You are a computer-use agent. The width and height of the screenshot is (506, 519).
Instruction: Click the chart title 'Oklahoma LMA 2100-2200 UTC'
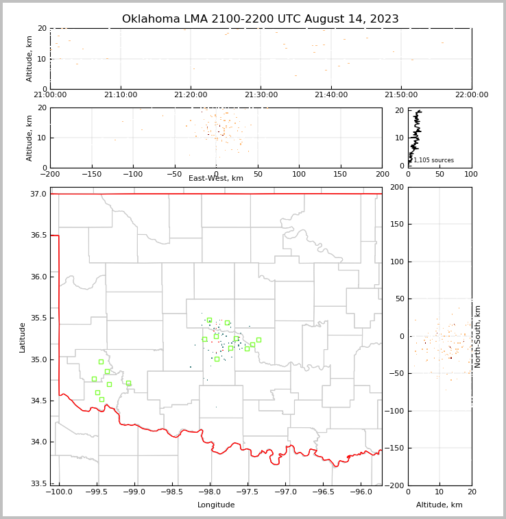pyautogui.click(x=260, y=19)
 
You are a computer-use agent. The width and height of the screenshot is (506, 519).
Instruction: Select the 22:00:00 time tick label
pyautogui.click(x=471, y=95)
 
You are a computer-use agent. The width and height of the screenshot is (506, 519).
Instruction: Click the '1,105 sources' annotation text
pyautogui.click(x=433, y=160)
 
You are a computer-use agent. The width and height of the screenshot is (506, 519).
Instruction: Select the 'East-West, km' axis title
pyautogui.click(x=216, y=179)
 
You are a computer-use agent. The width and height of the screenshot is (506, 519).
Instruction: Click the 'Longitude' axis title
pyautogui.click(x=216, y=505)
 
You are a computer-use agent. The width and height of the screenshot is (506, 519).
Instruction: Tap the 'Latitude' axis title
pyautogui.click(x=23, y=337)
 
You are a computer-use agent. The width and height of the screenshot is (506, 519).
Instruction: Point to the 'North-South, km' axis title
pyautogui.click(x=478, y=336)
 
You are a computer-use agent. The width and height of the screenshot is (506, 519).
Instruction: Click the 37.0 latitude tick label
pyautogui.click(x=38, y=194)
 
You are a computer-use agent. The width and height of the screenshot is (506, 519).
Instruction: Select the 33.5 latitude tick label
pyautogui.click(x=38, y=483)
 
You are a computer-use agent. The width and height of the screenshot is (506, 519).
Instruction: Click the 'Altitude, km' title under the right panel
pyautogui.click(x=439, y=505)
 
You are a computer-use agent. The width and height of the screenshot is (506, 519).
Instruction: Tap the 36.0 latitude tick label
pyautogui.click(x=38, y=277)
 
